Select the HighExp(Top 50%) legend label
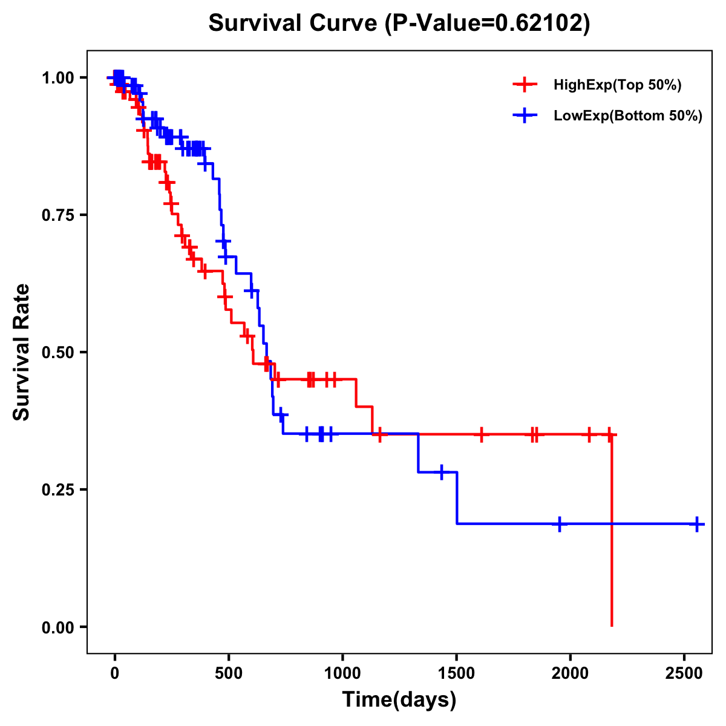click(617, 85)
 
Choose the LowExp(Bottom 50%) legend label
click(628, 116)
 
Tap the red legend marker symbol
click(525, 85)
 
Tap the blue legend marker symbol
click(525, 116)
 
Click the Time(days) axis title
click(399, 700)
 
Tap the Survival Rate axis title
click(22, 352)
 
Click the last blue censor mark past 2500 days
click(697, 524)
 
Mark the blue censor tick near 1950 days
click(560, 524)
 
